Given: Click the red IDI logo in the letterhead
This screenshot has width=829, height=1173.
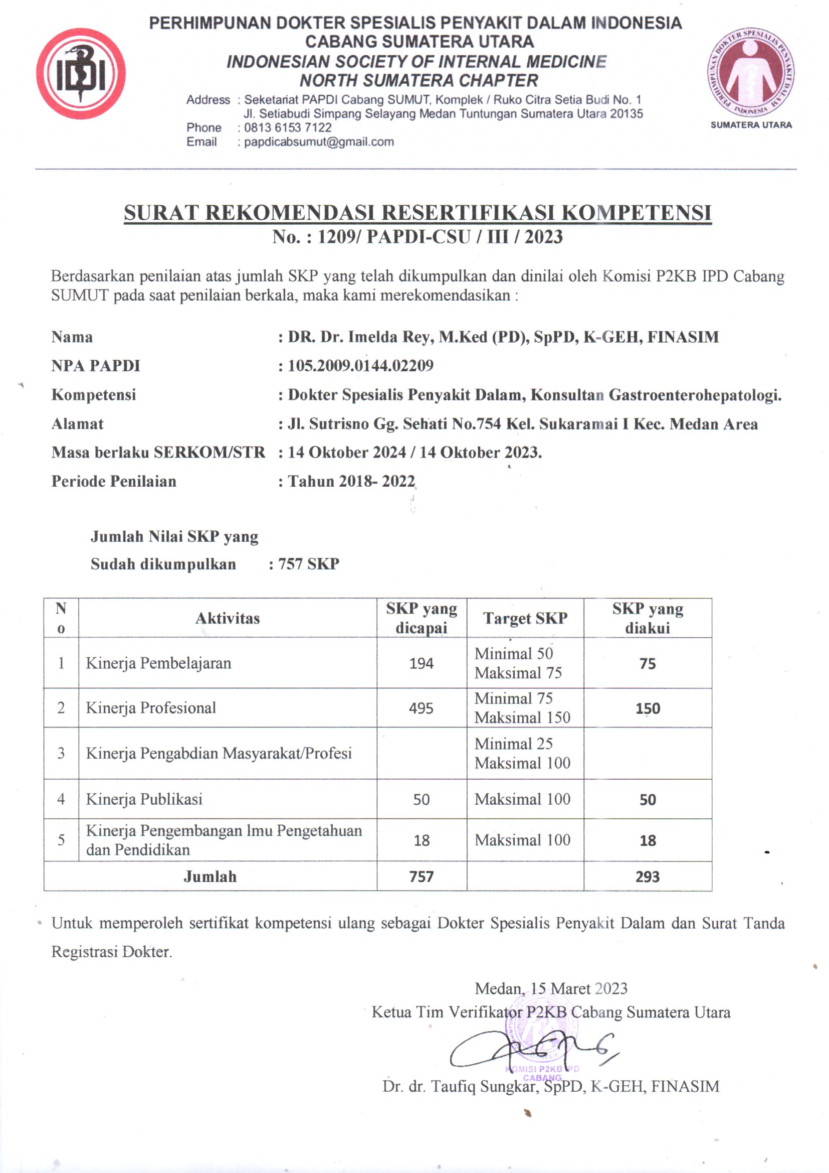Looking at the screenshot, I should click(81, 74).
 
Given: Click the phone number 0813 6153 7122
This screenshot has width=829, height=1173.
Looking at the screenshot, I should click(288, 128).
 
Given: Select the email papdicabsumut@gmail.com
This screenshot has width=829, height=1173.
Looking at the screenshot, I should click(319, 142).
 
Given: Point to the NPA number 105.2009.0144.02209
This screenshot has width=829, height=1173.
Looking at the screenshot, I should click(360, 366).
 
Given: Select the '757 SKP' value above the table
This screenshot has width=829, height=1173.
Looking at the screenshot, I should click(309, 564).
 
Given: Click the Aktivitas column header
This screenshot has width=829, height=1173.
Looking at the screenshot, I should click(228, 619).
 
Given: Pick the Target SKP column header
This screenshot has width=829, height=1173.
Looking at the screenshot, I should click(525, 619).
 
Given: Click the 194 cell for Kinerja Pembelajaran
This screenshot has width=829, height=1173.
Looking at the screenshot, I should click(421, 664).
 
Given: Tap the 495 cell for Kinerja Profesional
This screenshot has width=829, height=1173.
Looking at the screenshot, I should click(421, 708).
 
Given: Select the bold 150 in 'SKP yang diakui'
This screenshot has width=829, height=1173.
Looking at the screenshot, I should click(648, 708).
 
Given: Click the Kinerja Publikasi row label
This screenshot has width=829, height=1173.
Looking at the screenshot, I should click(144, 800).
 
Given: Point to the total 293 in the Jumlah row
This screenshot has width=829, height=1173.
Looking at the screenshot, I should click(648, 877).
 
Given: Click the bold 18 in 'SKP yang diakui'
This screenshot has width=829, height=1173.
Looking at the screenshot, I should click(648, 841).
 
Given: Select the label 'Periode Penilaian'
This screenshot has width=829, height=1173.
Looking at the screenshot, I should click(114, 481).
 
